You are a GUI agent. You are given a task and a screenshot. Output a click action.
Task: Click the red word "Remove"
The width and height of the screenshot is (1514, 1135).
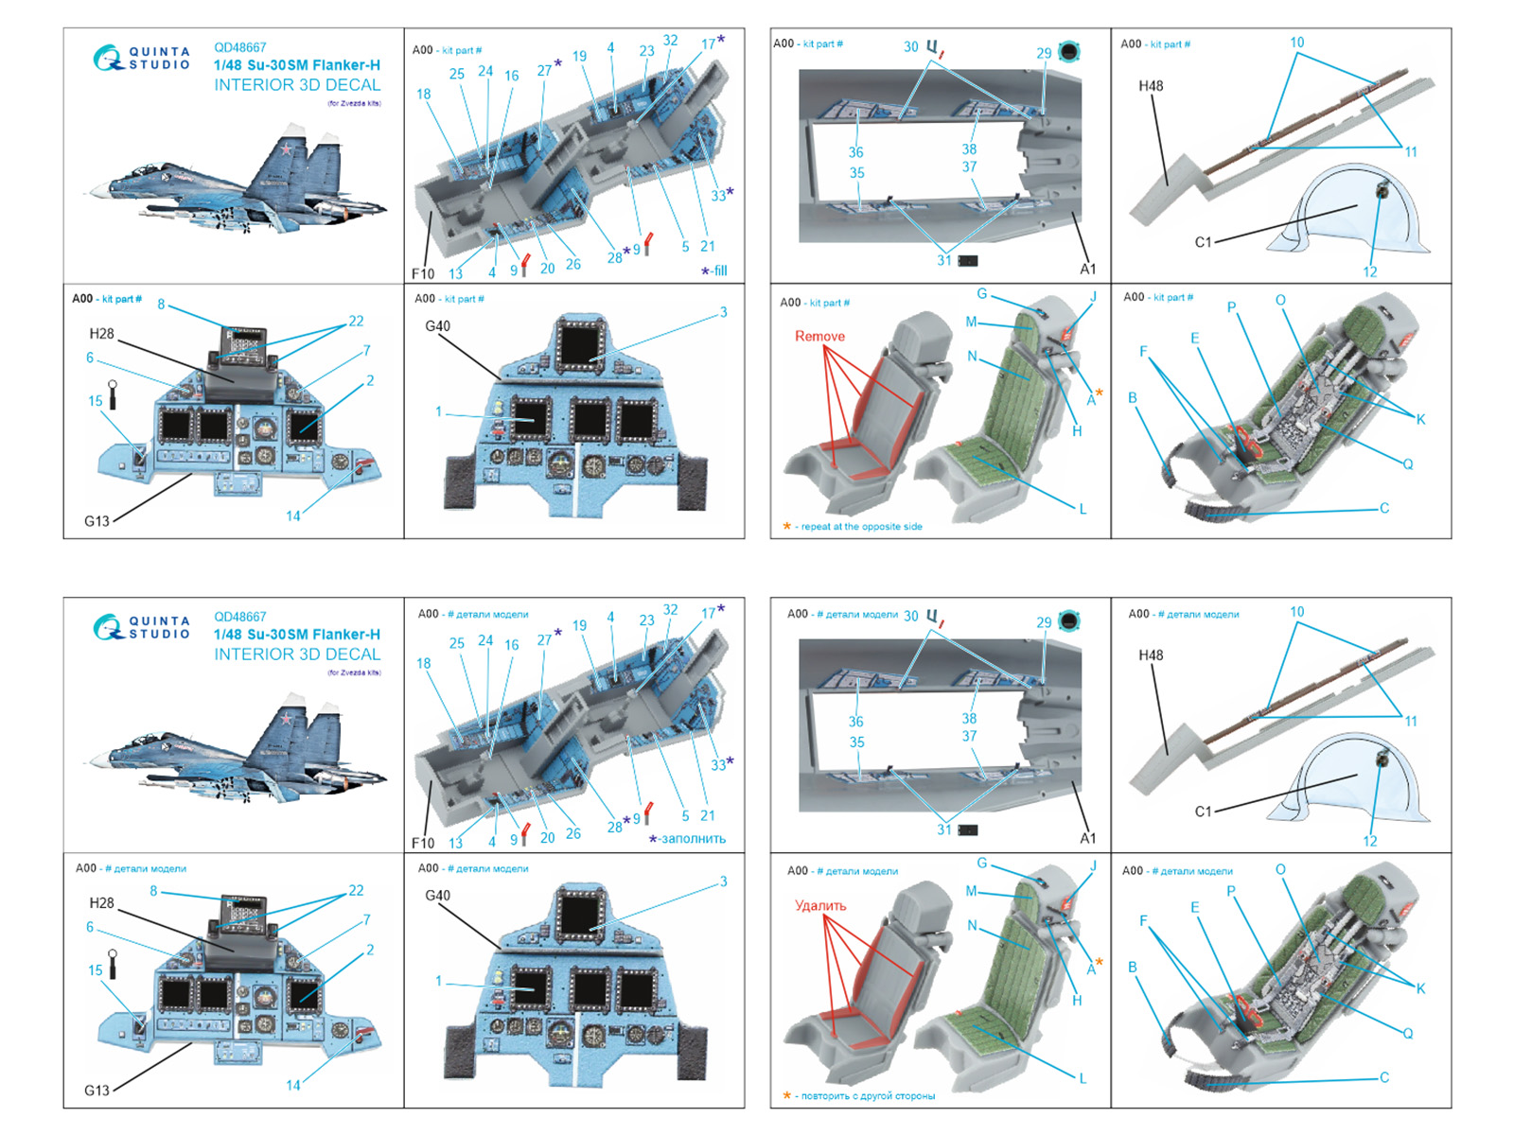tap(819, 336)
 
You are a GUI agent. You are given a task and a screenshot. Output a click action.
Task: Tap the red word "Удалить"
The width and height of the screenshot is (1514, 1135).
tap(820, 905)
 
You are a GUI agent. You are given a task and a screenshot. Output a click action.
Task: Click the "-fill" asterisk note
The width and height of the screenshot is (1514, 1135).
tap(714, 271)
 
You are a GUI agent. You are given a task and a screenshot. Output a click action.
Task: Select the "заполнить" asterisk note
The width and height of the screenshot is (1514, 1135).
tap(688, 838)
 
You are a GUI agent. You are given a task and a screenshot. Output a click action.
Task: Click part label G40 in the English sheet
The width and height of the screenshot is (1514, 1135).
tap(437, 326)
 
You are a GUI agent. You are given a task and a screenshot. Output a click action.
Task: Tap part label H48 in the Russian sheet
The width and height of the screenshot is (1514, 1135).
tap(1151, 655)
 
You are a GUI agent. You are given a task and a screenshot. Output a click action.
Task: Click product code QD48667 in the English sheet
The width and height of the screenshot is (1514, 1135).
tap(239, 47)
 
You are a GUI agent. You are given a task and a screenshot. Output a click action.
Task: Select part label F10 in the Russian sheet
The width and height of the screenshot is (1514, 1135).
tap(423, 843)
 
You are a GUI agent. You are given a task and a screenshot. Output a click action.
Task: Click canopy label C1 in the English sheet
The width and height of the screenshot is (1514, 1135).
tap(1203, 242)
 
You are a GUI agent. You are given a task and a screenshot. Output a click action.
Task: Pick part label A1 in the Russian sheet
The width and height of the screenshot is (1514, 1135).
tap(1088, 838)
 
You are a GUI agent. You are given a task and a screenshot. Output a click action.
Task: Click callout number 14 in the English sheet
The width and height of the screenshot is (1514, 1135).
tap(293, 516)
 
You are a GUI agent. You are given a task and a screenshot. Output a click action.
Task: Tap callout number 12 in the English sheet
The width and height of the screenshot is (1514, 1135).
tap(1370, 272)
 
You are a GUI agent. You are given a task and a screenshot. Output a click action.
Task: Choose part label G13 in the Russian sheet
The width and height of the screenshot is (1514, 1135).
tap(97, 1090)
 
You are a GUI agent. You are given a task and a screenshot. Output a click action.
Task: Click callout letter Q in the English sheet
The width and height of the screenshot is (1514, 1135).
tap(1408, 463)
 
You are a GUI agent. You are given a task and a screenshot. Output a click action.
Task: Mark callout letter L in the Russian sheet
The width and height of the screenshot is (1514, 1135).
tap(1083, 1078)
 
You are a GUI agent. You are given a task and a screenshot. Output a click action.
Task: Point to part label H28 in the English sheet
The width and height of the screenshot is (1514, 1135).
tap(101, 334)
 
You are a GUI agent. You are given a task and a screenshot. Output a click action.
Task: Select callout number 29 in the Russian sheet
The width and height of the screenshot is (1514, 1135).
tap(1044, 622)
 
